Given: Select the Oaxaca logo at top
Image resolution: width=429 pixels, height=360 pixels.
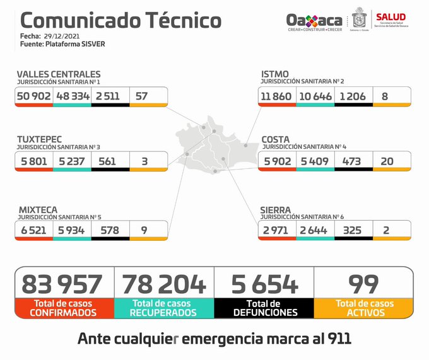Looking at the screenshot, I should (x=314, y=21).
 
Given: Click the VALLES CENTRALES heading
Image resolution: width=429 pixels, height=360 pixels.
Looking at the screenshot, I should (x=58, y=74).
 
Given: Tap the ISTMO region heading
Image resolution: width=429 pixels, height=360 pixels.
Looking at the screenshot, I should (x=275, y=74).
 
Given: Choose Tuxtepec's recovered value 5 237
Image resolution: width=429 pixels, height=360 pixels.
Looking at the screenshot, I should (x=72, y=161).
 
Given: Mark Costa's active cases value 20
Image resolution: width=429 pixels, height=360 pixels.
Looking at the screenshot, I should (x=387, y=161).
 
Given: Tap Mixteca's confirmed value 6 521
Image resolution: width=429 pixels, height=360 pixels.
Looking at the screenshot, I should (x=34, y=230).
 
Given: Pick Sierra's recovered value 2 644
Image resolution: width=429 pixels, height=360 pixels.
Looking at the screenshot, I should (x=314, y=230).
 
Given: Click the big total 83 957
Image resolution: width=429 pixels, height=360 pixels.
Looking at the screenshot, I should (x=62, y=284).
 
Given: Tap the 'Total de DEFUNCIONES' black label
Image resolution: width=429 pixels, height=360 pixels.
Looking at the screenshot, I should (x=264, y=308).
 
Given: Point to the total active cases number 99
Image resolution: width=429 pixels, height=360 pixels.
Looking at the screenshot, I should (x=363, y=284).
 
